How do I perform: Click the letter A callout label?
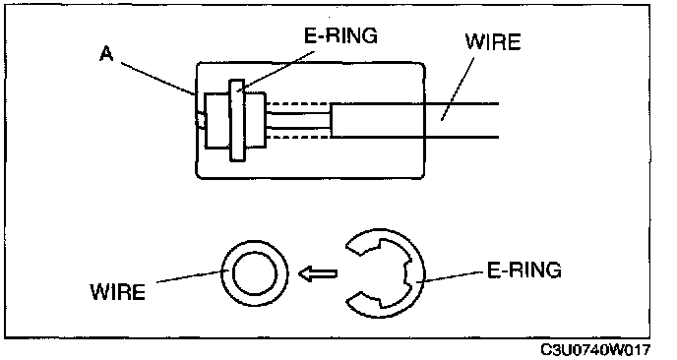[106, 53]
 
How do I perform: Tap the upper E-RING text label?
[340, 35]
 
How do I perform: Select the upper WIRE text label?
[493, 42]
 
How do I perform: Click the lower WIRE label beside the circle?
[118, 292]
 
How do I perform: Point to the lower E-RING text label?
[524, 270]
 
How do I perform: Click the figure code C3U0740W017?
[595, 349]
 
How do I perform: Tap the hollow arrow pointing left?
[318, 273]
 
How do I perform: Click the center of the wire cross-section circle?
[254, 273]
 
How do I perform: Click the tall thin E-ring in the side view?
[237, 120]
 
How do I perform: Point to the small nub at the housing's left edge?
[201, 120]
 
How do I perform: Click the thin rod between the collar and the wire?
[298, 120]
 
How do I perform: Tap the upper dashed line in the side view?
[298, 103]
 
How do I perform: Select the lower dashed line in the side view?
[298, 138]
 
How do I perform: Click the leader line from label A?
[158, 79]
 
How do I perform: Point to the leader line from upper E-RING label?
[277, 72]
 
